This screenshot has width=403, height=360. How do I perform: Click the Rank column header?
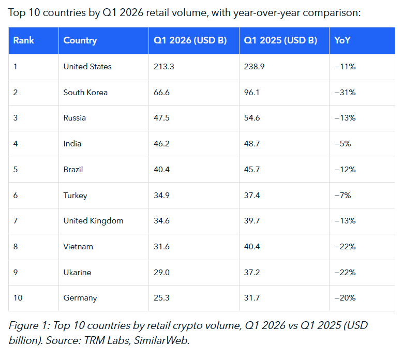click(x=23, y=40)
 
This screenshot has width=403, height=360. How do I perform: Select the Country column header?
click(x=80, y=40)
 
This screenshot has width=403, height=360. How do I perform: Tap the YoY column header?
click(x=342, y=40)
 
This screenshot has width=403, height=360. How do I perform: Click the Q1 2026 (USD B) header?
click(x=190, y=40)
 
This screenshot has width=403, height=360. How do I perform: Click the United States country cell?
click(x=87, y=67)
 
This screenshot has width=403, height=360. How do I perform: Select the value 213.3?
click(x=163, y=67)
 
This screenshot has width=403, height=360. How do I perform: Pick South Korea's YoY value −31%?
click(x=345, y=93)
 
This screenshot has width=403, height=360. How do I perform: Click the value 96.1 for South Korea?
click(x=252, y=93)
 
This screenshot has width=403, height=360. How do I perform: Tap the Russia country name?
click(x=74, y=118)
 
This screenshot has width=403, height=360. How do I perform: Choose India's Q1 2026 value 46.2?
click(x=162, y=144)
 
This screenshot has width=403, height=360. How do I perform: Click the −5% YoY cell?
click(x=343, y=144)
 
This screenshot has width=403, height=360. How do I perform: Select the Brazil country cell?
click(x=73, y=170)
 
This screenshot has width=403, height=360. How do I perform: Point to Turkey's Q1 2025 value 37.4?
click(x=252, y=196)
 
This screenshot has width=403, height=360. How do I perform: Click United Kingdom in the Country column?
click(x=93, y=221)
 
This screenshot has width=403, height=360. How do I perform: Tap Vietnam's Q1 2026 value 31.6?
click(x=162, y=247)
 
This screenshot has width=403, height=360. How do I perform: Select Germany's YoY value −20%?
click(x=345, y=298)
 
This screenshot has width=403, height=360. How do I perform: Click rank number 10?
click(x=18, y=298)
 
